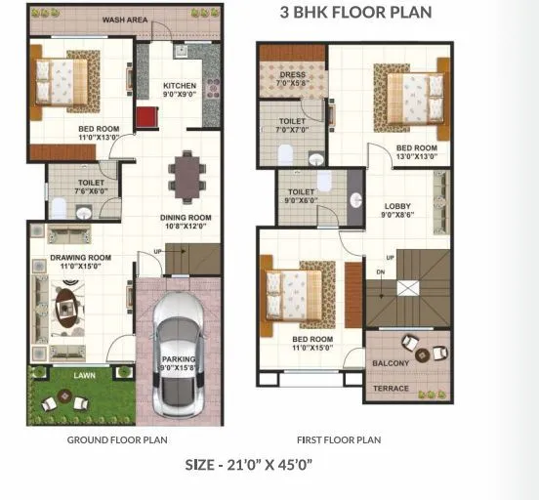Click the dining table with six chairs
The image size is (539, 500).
point(185,175)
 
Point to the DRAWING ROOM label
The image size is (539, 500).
point(80,258)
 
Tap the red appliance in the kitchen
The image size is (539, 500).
point(148,116)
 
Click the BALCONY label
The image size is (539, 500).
point(391,364)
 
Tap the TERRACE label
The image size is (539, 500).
point(390,388)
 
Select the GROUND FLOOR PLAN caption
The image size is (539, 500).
point(117,440)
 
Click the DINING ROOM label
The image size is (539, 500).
point(186,222)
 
